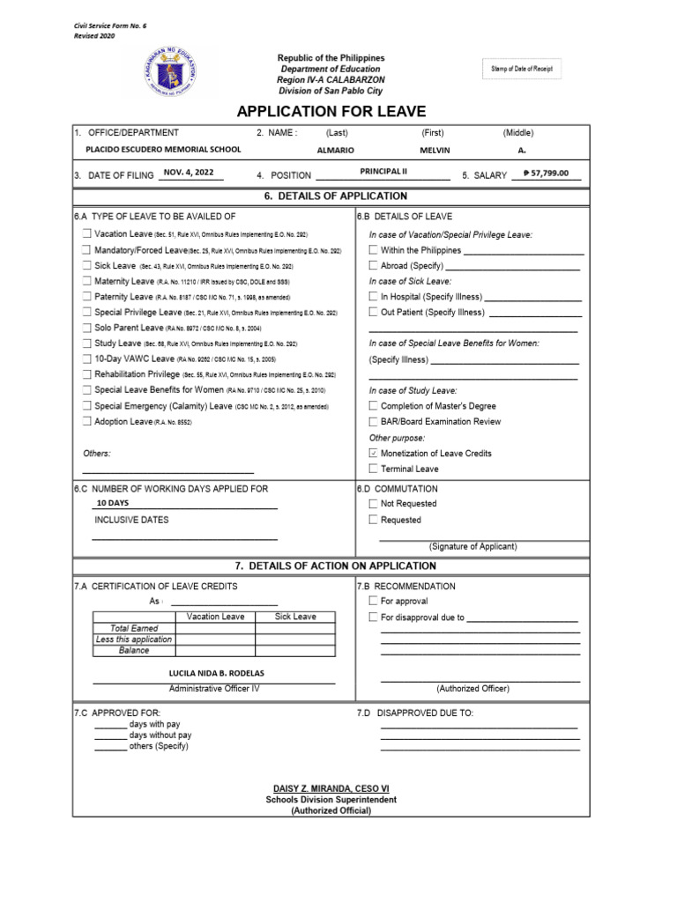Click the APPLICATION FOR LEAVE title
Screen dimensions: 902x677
(331, 111)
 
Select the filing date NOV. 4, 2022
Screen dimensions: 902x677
(188, 173)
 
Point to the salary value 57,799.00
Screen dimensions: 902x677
(546, 174)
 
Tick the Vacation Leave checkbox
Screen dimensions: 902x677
(86, 234)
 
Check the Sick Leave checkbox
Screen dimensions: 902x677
(86, 266)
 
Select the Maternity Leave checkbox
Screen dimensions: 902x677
(86, 282)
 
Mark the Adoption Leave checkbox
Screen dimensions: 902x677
(86, 422)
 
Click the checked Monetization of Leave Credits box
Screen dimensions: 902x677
(374, 454)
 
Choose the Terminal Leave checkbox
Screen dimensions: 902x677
(374, 469)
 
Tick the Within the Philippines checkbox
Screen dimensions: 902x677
(374, 250)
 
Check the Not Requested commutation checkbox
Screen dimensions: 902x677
(374, 504)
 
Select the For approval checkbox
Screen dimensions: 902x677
(374, 602)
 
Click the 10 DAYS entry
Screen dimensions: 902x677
(113, 503)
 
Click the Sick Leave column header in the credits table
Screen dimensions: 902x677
(295, 617)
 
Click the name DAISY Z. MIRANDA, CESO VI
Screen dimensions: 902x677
(331, 787)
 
